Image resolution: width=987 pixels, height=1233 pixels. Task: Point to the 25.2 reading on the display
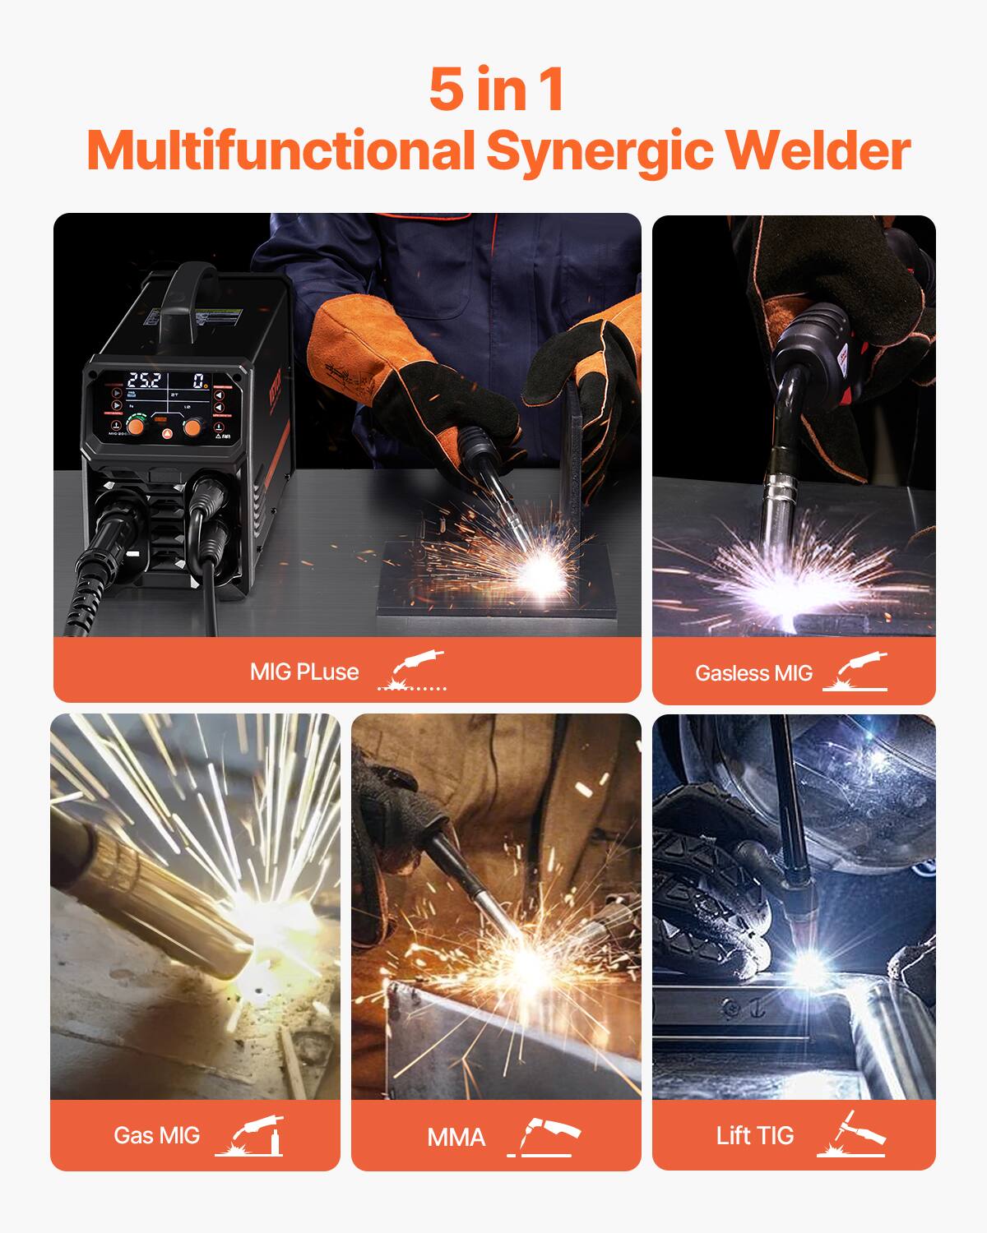tap(144, 381)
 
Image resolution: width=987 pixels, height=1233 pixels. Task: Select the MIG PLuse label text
tap(304, 672)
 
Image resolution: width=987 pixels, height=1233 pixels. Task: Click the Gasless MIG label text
tap(753, 673)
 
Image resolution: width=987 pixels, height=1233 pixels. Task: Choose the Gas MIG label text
tap(156, 1135)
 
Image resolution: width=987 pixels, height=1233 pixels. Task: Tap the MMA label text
tap(456, 1138)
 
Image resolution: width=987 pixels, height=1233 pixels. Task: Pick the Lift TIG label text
tap(754, 1136)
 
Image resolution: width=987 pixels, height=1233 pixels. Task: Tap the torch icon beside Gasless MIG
tap(855, 672)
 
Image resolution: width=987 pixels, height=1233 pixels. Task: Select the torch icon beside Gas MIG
tap(249, 1135)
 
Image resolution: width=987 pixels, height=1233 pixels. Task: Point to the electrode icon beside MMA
tap(544, 1137)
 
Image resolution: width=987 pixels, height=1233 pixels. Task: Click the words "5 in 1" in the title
tap(496, 90)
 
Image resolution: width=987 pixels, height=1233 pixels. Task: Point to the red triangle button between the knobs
tap(165, 432)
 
